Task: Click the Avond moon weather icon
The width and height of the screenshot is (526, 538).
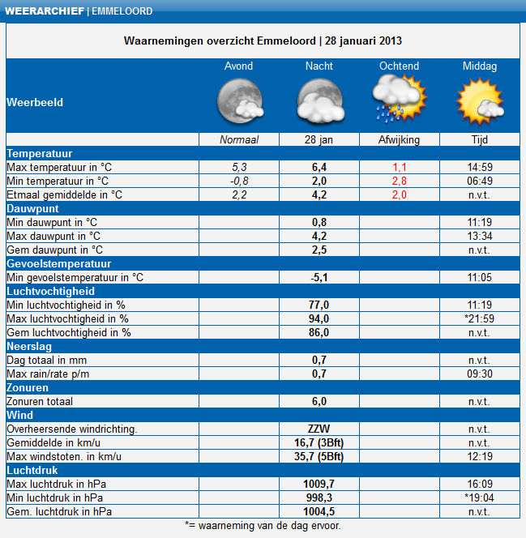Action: pyautogui.click(x=241, y=101)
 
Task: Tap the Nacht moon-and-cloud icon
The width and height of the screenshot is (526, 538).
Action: pyautogui.click(x=321, y=101)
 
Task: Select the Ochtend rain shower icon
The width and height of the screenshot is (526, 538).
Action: pyautogui.click(x=400, y=99)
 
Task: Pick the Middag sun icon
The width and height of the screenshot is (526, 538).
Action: pyautogui.click(x=480, y=101)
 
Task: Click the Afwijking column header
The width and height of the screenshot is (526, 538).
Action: pyautogui.click(x=399, y=139)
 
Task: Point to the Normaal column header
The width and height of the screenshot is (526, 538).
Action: pyautogui.click(x=239, y=139)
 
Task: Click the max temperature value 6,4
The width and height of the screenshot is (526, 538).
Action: pyautogui.click(x=319, y=168)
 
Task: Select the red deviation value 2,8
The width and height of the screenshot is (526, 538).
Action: pyautogui.click(x=400, y=181)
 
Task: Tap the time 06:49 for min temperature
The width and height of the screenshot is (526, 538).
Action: pyautogui.click(x=480, y=181)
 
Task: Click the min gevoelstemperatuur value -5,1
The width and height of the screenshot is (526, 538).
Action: pyautogui.click(x=319, y=277)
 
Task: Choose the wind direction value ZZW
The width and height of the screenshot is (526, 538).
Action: pyautogui.click(x=319, y=429)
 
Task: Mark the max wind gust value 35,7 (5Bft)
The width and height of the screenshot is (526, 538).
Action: pyautogui.click(x=319, y=456)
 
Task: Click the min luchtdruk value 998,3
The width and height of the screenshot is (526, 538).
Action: pyautogui.click(x=319, y=497)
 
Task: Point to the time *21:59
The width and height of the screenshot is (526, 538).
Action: pyautogui.click(x=479, y=318)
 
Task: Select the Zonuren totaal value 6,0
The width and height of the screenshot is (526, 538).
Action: pyautogui.click(x=319, y=401)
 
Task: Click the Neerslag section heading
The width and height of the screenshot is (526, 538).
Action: pyautogui.click(x=29, y=346)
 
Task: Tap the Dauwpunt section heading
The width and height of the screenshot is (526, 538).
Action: pyautogui.click(x=32, y=208)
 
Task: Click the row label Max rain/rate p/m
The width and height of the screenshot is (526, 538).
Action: pyautogui.click(x=48, y=374)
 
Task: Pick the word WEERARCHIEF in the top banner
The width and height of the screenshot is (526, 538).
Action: pyautogui.click(x=45, y=11)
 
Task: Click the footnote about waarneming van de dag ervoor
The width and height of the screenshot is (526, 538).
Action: pyautogui.click(x=263, y=525)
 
